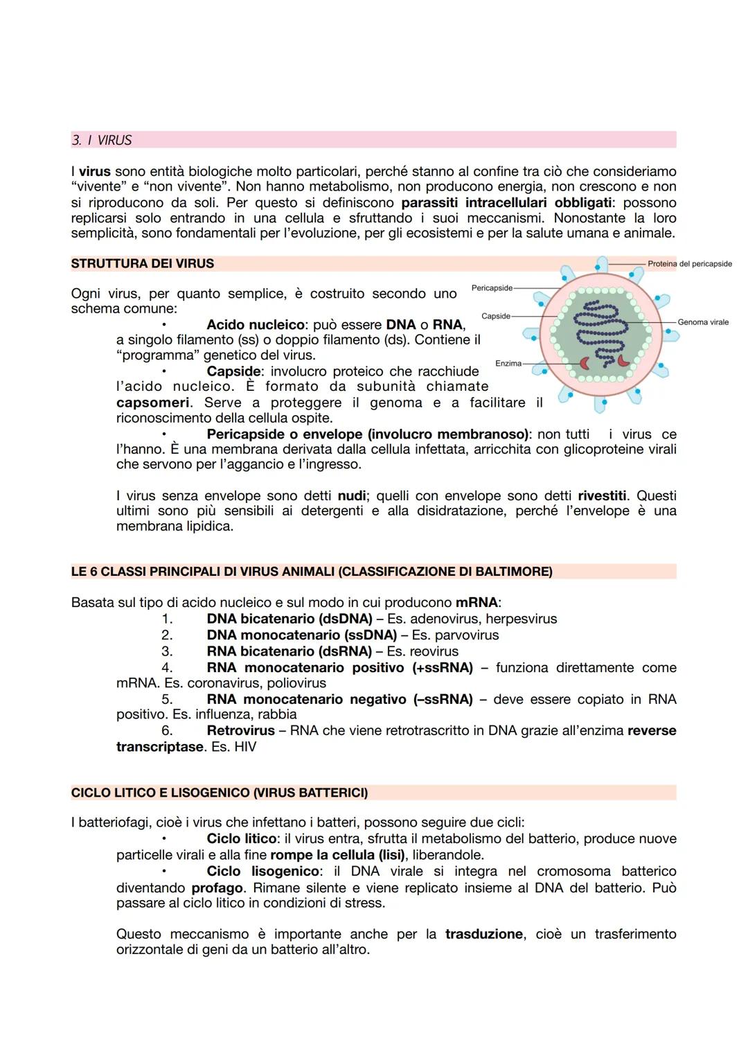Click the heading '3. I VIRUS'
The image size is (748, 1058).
[x=102, y=140]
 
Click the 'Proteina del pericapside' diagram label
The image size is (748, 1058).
[x=689, y=264]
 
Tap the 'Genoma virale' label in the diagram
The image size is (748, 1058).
[x=702, y=322]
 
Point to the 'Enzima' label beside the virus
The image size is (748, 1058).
[x=508, y=363]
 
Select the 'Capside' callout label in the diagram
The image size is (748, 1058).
[x=495, y=316]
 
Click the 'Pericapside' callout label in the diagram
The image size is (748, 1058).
[x=491, y=288]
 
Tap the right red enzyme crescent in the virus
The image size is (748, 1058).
[x=623, y=361]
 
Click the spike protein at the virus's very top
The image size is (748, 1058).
[x=602, y=264]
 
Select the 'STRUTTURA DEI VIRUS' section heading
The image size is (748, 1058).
[x=143, y=263]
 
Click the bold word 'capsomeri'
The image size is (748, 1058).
[x=153, y=403]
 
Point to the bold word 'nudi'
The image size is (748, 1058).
[x=352, y=495]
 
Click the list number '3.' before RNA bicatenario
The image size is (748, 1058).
[x=167, y=651]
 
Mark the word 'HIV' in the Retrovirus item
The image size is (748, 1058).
[x=244, y=747]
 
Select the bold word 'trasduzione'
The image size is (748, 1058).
[x=484, y=934]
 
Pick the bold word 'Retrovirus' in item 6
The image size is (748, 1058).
[x=240, y=730]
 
